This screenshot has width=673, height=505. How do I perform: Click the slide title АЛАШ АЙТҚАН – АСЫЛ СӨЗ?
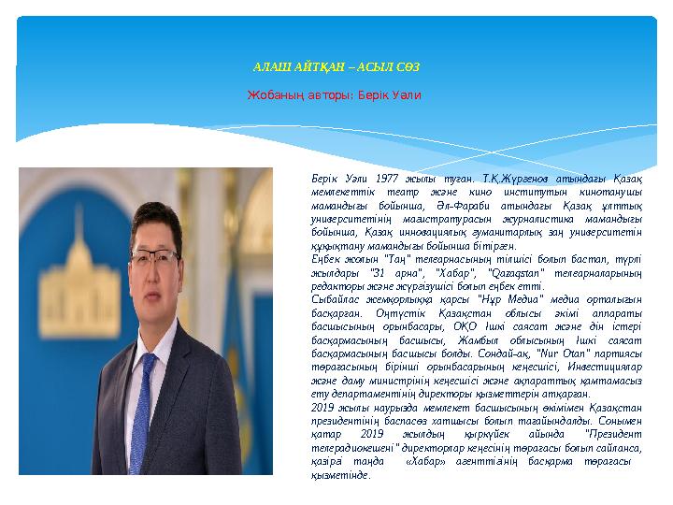pos(336,67)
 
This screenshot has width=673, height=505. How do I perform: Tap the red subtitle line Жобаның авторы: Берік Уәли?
pos(334,94)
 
